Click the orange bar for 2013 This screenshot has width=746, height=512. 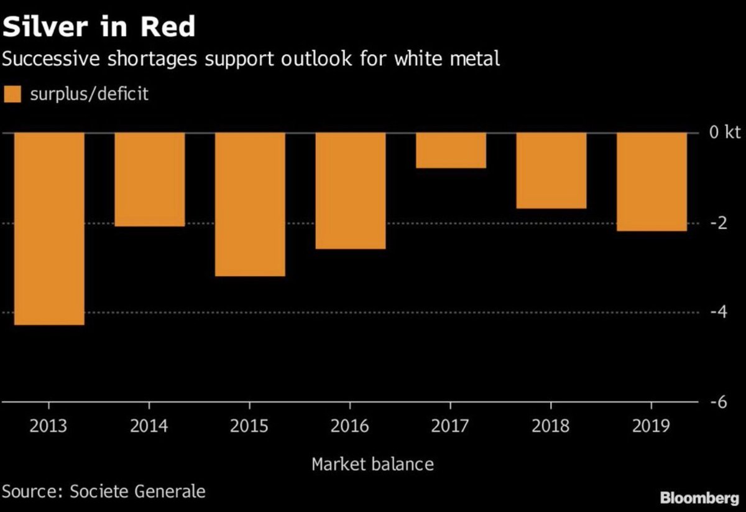point(48,229)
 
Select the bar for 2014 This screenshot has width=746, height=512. point(149,180)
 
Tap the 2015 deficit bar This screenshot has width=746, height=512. point(250,205)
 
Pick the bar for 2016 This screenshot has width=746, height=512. point(351,191)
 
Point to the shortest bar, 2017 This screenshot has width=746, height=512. point(451,151)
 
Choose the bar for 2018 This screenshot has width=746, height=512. point(551,170)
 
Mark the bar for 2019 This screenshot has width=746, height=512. point(652,182)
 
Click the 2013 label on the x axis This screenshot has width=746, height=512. point(48,427)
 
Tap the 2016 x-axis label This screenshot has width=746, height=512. point(351,427)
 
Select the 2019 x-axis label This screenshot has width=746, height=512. point(652,427)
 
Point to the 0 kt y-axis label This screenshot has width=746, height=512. point(722,133)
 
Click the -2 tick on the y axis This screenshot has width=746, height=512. point(718,223)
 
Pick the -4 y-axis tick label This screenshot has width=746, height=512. point(718,312)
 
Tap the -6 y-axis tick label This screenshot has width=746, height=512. point(718,402)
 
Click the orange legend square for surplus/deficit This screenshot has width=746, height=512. point(12,95)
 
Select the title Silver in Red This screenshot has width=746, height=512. point(99,27)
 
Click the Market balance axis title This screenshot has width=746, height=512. point(372,464)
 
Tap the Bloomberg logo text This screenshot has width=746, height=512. point(699,498)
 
